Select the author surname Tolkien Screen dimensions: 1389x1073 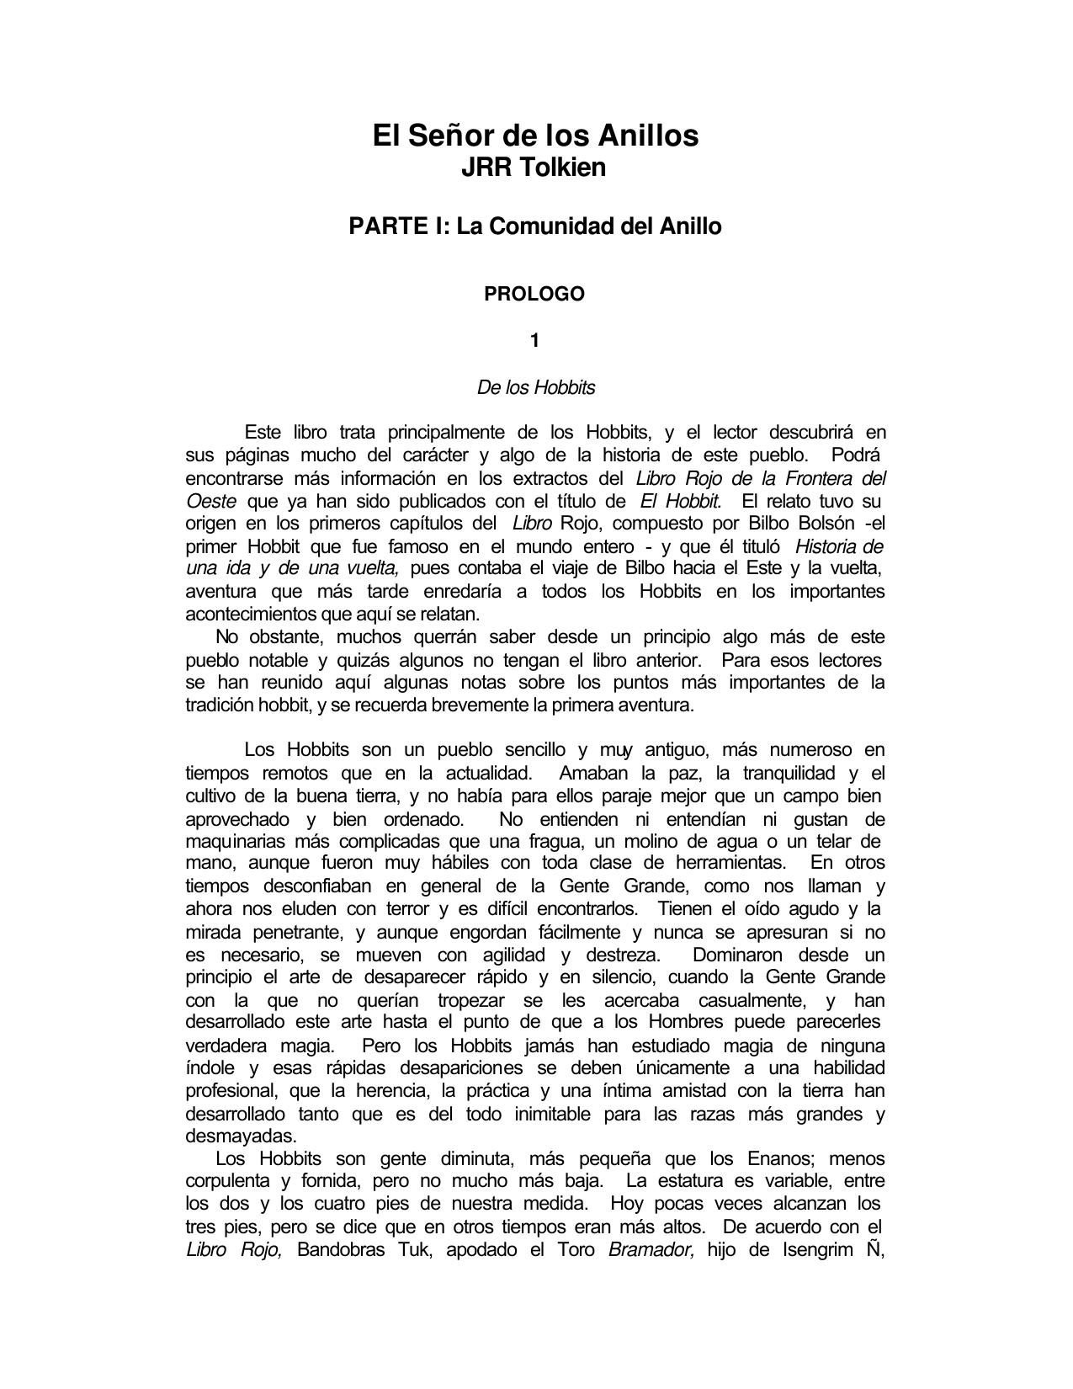click(560, 168)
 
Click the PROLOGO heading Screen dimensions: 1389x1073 click(534, 295)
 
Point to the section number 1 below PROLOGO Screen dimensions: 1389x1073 click(534, 341)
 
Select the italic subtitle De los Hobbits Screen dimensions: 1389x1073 click(536, 388)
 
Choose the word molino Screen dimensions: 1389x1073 click(656, 841)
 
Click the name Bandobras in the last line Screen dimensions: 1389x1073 click(340, 1249)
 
